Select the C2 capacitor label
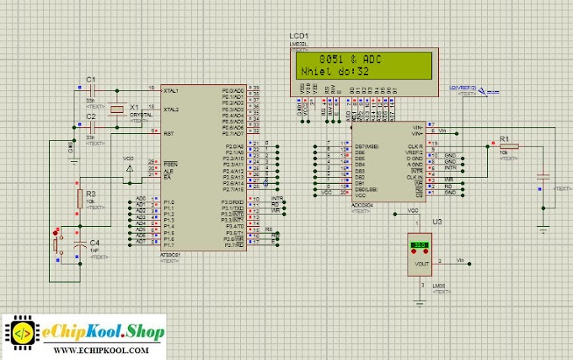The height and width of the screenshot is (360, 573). (91, 116)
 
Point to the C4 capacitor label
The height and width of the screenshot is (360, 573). (94, 242)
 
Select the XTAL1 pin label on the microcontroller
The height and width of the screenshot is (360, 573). (170, 89)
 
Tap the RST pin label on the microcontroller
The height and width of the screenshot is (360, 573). (168, 132)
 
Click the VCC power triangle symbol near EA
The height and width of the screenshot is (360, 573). (128, 169)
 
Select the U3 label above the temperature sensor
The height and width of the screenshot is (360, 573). (436, 221)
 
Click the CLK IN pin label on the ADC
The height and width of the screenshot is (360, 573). (415, 177)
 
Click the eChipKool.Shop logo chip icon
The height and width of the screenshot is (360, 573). (23, 332)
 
